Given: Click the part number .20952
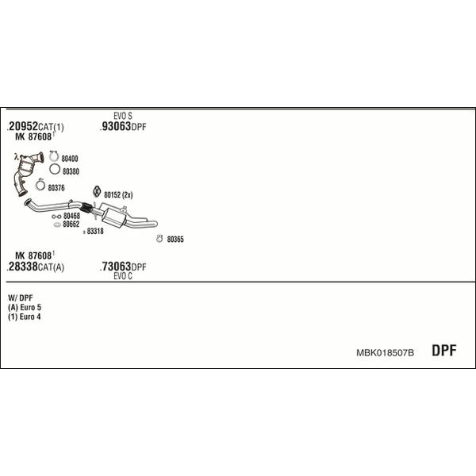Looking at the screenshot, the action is click(22, 126).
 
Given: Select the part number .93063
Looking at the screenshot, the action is click(116, 126).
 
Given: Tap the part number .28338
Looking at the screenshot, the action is click(22, 267).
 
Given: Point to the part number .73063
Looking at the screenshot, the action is click(116, 267).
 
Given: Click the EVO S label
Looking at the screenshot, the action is click(123, 116).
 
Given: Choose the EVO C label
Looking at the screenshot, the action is click(123, 276).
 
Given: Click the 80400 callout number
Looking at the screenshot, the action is click(70, 159).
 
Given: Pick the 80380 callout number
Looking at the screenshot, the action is click(71, 171).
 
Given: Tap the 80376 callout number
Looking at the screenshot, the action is click(56, 188).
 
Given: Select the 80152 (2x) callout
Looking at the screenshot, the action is click(118, 195).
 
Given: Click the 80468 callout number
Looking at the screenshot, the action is click(71, 216).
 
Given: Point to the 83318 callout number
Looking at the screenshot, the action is click(95, 232).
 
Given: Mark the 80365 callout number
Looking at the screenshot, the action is click(175, 240).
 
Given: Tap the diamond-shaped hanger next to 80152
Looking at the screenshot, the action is click(97, 191).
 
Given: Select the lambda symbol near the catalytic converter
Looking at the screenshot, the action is click(17, 157).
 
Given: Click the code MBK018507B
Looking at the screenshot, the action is click(385, 353).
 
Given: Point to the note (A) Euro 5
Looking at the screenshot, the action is click(25, 307).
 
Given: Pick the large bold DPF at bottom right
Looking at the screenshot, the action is click(444, 351).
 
